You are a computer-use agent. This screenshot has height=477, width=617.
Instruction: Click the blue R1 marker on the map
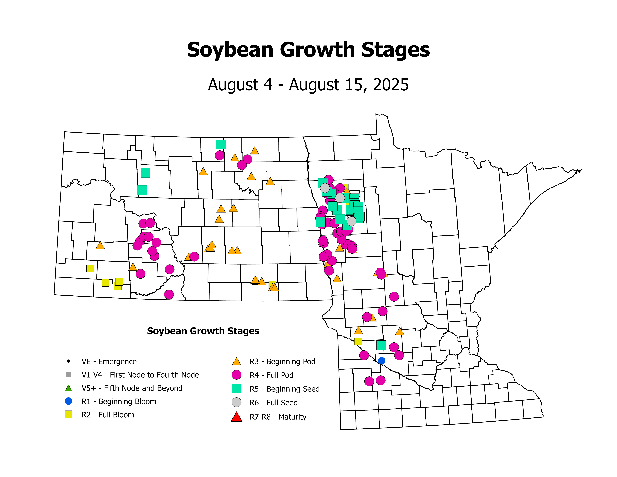381,361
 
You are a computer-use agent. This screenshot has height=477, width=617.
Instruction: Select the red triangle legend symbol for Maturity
236,417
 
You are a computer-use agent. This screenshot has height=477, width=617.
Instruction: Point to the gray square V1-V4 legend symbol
68,375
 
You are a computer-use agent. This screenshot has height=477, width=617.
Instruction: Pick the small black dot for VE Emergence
68,361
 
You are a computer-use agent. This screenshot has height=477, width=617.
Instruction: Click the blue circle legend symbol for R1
68,401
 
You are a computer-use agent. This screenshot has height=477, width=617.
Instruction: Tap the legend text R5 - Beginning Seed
284,389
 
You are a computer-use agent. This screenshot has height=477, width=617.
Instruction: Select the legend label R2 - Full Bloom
108,415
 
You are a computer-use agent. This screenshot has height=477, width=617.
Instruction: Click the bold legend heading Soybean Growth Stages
203,331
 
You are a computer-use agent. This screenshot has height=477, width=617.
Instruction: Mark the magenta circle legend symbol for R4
236,375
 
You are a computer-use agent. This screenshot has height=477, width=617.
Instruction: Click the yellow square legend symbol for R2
68,415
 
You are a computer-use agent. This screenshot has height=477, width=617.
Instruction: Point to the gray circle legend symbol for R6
236,402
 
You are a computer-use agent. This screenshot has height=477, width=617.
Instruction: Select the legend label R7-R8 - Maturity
278,417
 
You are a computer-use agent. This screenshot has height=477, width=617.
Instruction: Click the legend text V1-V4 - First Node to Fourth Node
140,375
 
